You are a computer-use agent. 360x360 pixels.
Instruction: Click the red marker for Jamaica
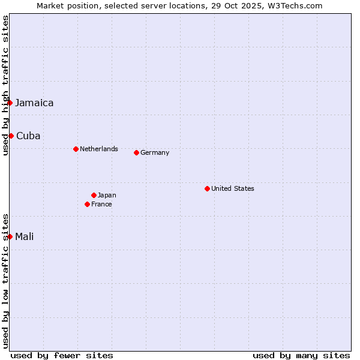coord(10,103)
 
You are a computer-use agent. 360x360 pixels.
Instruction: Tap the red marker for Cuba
coord(11,136)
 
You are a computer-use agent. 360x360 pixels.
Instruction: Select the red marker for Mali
coord(10,236)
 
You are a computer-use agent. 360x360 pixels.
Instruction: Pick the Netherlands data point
coord(76,149)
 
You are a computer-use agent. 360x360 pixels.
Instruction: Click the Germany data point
coord(136,152)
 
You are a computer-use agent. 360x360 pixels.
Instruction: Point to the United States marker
coord(207,188)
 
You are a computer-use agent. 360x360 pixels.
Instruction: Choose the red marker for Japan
coord(94,195)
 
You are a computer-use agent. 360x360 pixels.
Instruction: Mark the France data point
coord(88,204)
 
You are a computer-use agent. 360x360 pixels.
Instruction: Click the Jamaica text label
coord(34,103)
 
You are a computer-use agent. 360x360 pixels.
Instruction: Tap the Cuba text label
coord(28,136)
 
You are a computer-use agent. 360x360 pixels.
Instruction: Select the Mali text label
coord(24,236)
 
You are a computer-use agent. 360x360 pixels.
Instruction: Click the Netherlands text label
coord(99,149)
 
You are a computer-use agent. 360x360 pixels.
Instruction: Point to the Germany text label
coord(155,152)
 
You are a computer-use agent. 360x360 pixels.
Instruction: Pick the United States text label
coord(233,188)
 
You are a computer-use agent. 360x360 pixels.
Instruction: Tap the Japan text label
coord(107,195)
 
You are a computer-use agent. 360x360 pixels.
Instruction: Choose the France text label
coord(101,204)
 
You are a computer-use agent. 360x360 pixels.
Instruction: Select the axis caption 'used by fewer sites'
coord(62,355)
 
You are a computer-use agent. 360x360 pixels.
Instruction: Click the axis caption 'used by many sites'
coord(301,355)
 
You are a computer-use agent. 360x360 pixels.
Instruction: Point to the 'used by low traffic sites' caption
coord(5,281)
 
